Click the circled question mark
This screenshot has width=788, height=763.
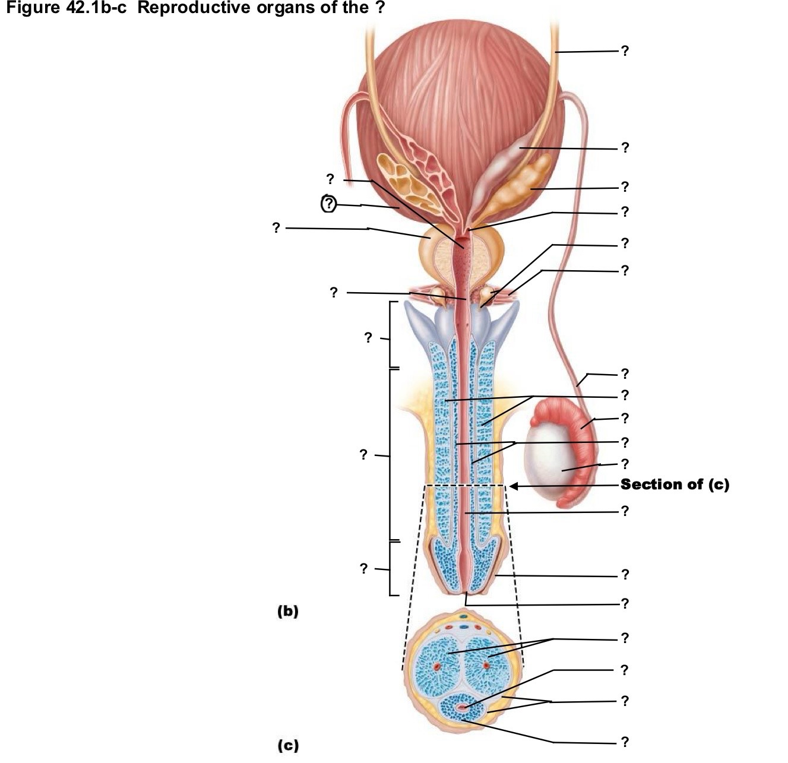(x=328, y=203)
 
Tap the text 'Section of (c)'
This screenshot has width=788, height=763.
(x=675, y=485)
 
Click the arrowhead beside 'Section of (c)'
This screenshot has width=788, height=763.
(x=514, y=486)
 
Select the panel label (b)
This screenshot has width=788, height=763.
(x=288, y=611)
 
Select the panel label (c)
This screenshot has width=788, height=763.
(x=289, y=745)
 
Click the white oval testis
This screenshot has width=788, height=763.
(x=550, y=459)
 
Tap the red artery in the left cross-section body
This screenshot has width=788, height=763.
(x=436, y=666)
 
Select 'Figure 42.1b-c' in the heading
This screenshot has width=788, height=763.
(x=67, y=7)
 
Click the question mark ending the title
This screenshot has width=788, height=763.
(x=379, y=7)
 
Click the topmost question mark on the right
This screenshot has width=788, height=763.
(x=625, y=50)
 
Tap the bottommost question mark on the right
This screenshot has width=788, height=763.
(x=625, y=742)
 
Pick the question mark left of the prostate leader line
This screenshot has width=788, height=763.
(x=276, y=227)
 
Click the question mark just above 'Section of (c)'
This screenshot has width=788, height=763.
(x=625, y=463)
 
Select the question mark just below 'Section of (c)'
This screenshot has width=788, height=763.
(x=625, y=511)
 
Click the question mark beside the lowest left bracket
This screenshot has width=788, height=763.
(x=364, y=569)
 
